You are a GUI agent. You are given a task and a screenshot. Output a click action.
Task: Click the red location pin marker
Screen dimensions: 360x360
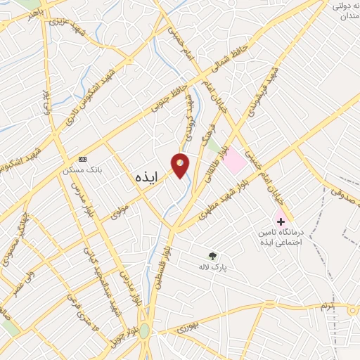coord(181,165)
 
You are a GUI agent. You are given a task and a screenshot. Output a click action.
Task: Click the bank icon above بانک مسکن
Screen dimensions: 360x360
coord(83,159)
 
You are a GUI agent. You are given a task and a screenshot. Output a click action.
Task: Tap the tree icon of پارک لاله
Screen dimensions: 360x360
coord(212,256)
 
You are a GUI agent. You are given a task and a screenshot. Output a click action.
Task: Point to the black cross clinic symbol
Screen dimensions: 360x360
coord(281,221)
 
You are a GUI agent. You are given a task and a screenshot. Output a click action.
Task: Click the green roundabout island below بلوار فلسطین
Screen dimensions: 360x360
coord(144,331)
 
